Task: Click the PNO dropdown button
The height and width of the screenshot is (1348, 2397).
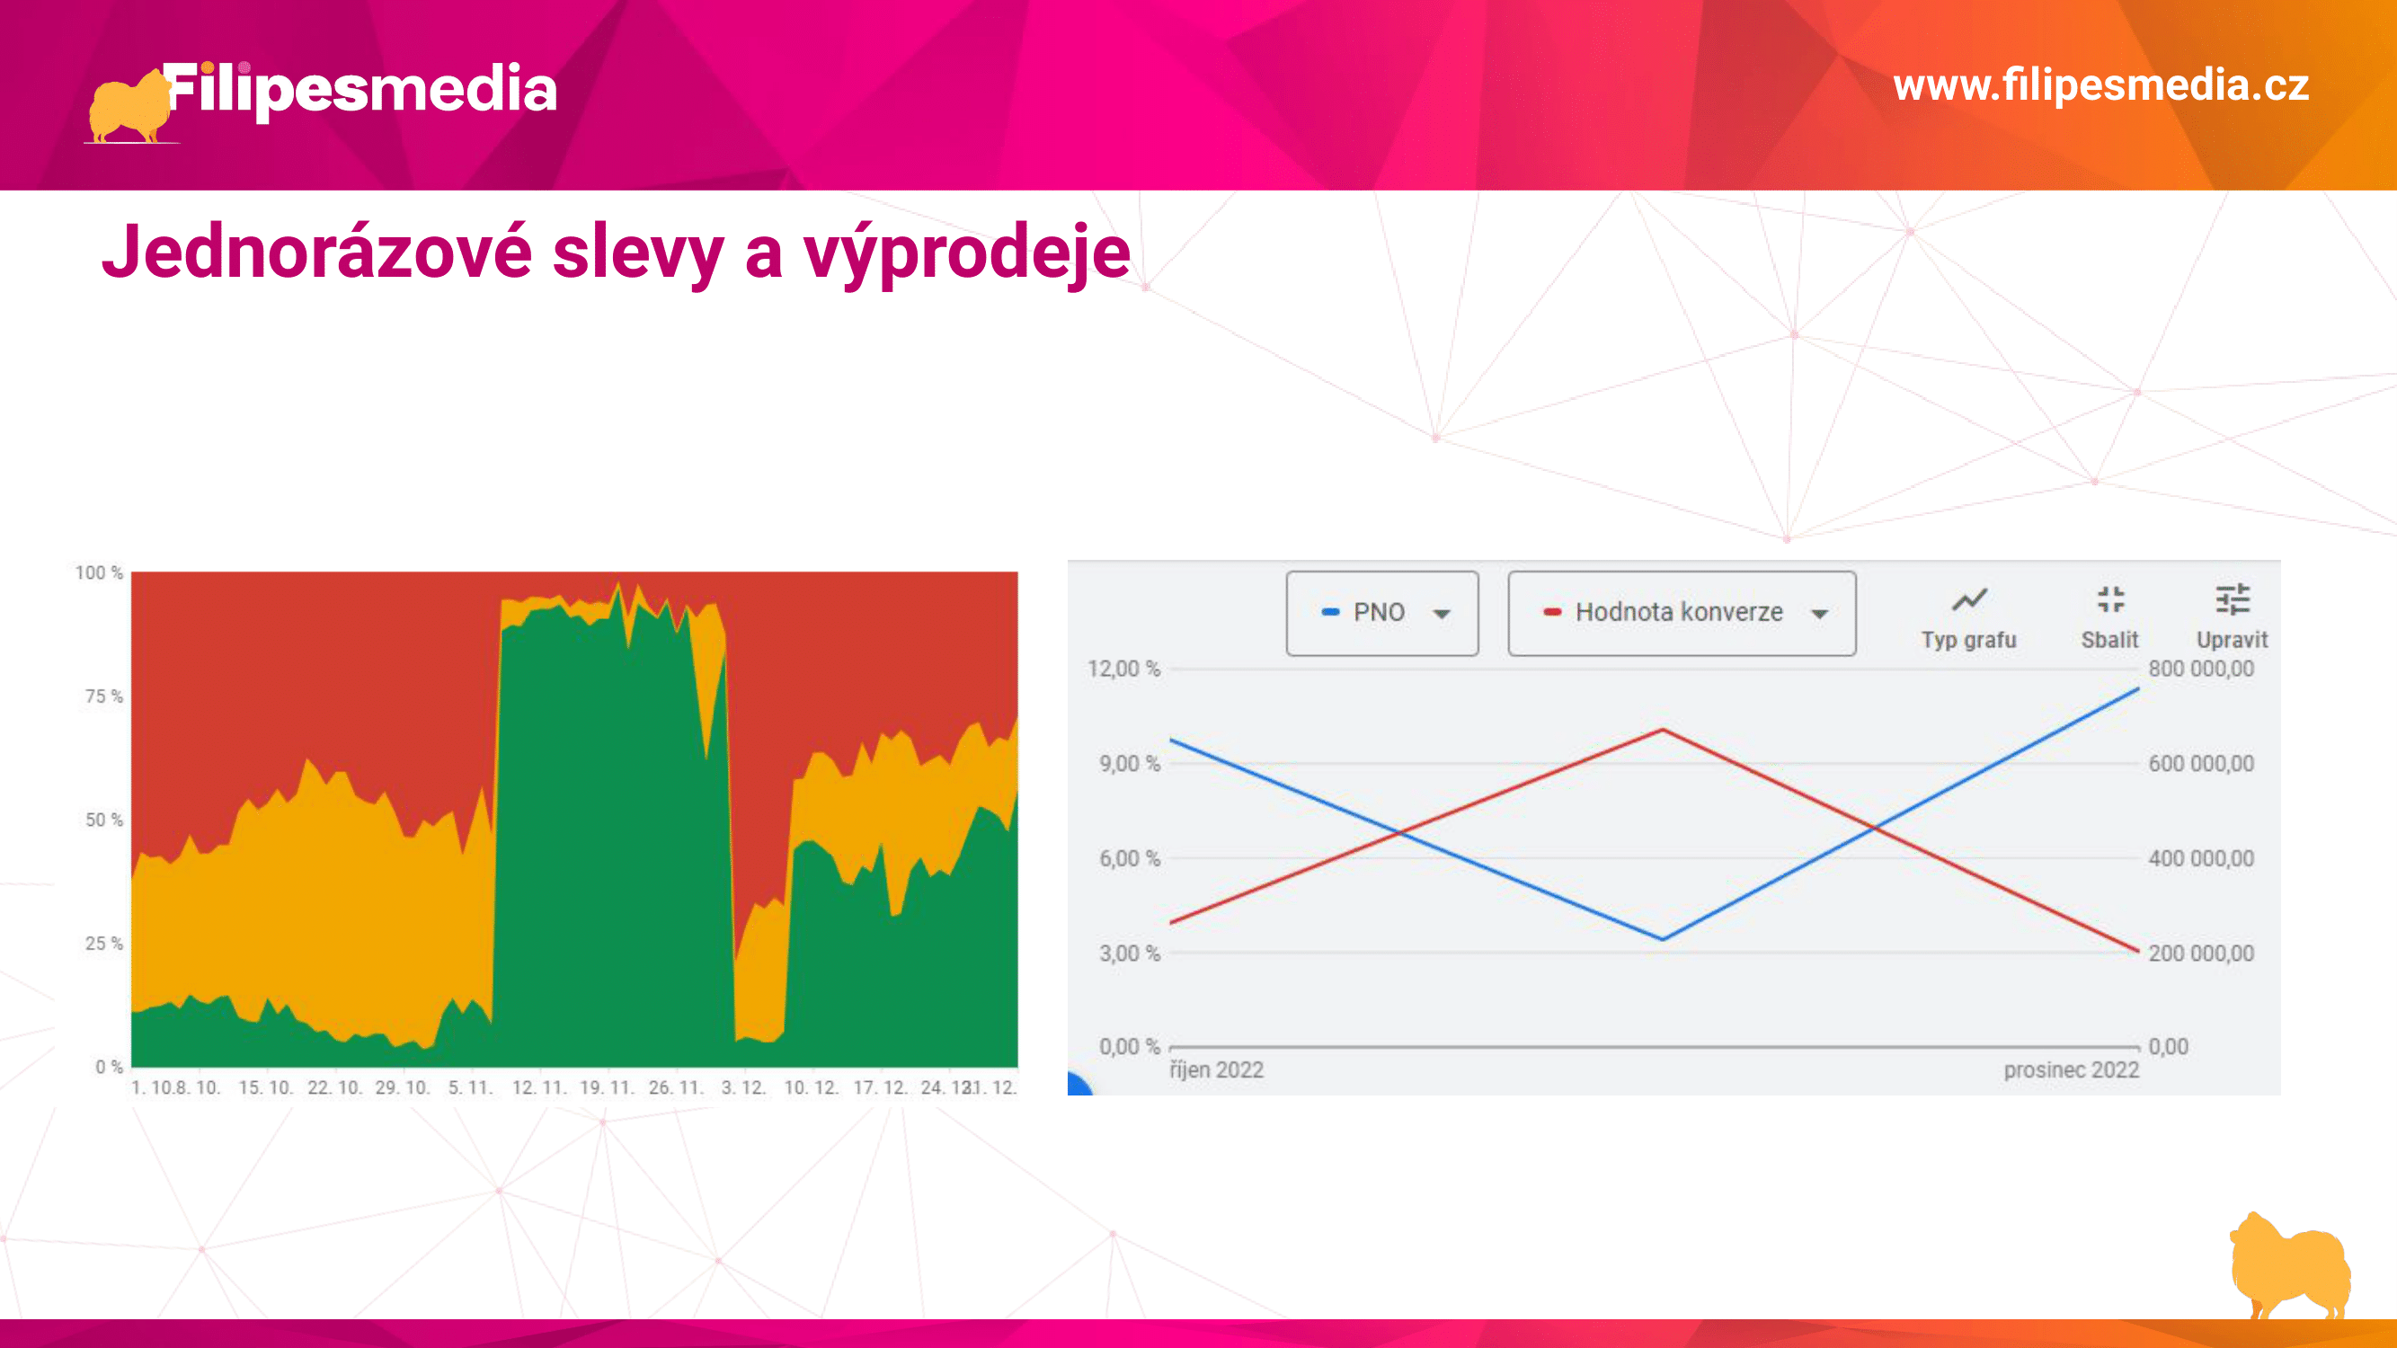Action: point(1381,613)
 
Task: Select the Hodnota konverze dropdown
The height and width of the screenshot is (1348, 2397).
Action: point(1682,613)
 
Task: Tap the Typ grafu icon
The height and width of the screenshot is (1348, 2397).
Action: point(1969,600)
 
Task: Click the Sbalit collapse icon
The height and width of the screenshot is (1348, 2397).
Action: point(2110,600)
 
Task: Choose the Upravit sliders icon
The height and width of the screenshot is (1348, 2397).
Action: point(2233,600)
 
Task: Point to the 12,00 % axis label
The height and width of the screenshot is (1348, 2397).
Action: point(1124,669)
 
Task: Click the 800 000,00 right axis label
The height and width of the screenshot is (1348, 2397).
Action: point(2201,669)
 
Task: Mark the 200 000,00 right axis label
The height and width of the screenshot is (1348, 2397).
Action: point(2201,953)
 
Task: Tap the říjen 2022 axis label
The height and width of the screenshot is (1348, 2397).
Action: point(1216,1069)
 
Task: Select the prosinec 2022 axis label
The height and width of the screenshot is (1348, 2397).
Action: point(2072,1069)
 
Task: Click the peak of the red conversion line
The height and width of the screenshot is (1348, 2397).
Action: point(1663,730)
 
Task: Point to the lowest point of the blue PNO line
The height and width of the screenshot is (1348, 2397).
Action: point(1663,939)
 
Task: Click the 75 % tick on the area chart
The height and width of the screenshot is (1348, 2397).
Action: point(104,696)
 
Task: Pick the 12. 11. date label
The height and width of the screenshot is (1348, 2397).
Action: point(538,1087)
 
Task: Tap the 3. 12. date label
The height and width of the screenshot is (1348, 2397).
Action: point(742,1087)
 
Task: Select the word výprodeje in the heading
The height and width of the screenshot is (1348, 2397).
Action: point(967,254)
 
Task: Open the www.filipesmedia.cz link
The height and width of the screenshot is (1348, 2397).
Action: point(2101,85)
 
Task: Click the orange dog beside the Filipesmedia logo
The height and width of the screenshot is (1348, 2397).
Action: point(129,107)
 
